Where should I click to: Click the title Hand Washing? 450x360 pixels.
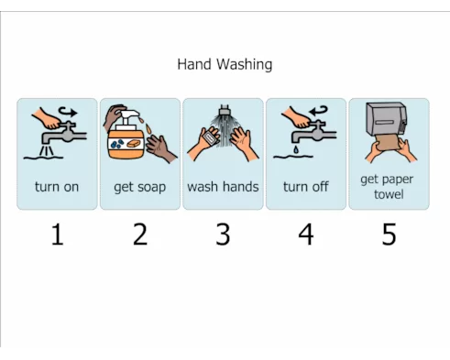tap(225, 65)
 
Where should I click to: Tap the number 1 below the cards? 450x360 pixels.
tap(58, 235)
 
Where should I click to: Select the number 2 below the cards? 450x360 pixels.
tap(140, 235)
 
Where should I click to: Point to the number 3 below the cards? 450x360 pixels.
tap(223, 235)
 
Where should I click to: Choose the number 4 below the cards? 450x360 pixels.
tap(306, 235)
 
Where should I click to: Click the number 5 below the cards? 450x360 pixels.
tap(389, 235)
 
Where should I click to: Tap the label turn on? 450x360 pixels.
tap(57, 187)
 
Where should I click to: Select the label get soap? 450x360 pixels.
tap(140, 187)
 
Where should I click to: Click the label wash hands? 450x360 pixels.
tap(223, 187)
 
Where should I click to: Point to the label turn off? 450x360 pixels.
tap(306, 187)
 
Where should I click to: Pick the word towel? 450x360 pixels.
tap(389, 194)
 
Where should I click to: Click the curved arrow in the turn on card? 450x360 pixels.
tap(68, 111)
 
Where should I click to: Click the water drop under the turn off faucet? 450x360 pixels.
tap(296, 149)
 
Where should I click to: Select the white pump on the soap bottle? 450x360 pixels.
tap(127, 120)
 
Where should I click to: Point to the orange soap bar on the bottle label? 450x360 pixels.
tap(134, 143)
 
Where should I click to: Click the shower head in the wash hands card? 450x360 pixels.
tap(225, 109)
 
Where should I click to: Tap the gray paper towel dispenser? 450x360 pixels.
tap(387, 118)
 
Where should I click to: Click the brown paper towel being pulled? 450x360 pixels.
tap(388, 142)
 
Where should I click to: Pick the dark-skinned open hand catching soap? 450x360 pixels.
tap(160, 149)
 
